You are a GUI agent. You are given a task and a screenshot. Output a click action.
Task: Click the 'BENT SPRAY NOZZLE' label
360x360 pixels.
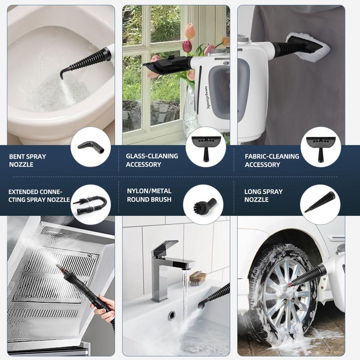click(27, 161)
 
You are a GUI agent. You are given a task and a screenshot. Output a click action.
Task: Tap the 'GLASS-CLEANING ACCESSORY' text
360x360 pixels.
click(152, 160)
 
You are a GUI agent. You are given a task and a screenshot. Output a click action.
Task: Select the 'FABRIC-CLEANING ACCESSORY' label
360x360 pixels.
click(272, 161)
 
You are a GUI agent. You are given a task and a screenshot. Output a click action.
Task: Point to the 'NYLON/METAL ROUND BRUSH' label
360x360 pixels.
click(149, 195)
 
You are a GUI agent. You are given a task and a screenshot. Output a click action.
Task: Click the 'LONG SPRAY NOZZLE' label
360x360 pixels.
click(263, 195)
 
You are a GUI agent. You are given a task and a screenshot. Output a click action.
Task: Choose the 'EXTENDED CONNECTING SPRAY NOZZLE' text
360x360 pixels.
click(39, 196)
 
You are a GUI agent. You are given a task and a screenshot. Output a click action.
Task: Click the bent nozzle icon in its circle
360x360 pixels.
click(91, 148)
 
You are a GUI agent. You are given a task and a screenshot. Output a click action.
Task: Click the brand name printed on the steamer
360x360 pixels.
click(207, 97)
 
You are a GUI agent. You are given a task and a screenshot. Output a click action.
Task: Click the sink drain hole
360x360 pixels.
click(172, 315)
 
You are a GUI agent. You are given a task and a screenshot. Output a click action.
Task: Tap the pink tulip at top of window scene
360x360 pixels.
click(190, 31)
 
